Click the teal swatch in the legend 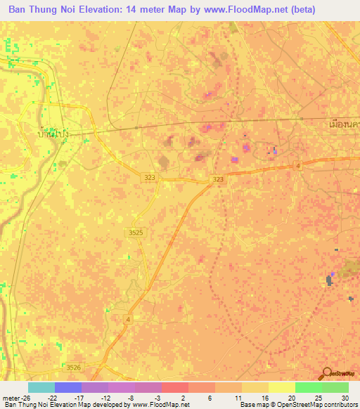pyautogui.click(x=41, y=387)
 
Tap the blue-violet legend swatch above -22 pyautogui.click(x=67, y=387)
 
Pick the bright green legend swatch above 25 pyautogui.click(x=308, y=387)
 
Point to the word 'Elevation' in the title pyautogui.click(x=109, y=10)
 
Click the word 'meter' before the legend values pyautogui.click(x=11, y=397)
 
